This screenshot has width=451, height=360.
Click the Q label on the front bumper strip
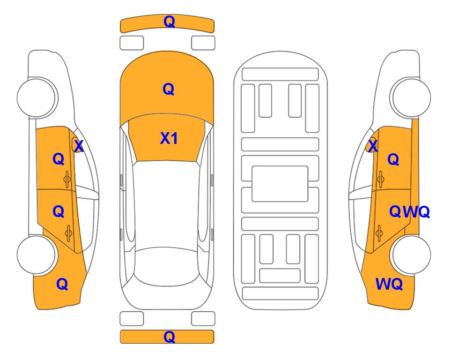pyautogui.click(x=169, y=22)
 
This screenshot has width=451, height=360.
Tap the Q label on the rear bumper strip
pyautogui.click(x=169, y=337)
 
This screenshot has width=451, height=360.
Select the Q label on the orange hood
pyautogui.click(x=168, y=89)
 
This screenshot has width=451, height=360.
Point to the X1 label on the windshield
pyautogui.click(x=169, y=138)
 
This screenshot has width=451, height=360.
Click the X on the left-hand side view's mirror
pyautogui.click(x=78, y=146)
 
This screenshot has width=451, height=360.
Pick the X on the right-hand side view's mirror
pyautogui.click(x=373, y=146)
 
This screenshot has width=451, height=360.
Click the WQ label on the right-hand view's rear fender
pyautogui.click(x=389, y=284)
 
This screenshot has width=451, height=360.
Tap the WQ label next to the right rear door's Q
pyautogui.click(x=416, y=212)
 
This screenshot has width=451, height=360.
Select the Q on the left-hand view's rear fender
pyautogui.click(x=62, y=284)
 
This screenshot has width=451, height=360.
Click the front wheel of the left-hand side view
pyautogui.click(x=37, y=97)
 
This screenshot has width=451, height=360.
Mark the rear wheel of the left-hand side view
pyautogui.click(x=37, y=255)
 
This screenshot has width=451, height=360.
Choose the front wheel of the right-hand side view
pyautogui.click(x=410, y=97)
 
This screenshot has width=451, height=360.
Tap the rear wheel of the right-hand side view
pyautogui.click(x=410, y=255)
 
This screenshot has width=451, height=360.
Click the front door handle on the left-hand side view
pyautogui.click(x=67, y=180)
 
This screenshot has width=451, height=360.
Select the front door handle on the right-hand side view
pyautogui.click(x=380, y=179)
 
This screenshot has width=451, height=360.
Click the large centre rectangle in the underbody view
pyautogui.click(x=280, y=184)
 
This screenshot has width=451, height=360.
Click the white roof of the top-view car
pyautogui.click(x=167, y=205)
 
